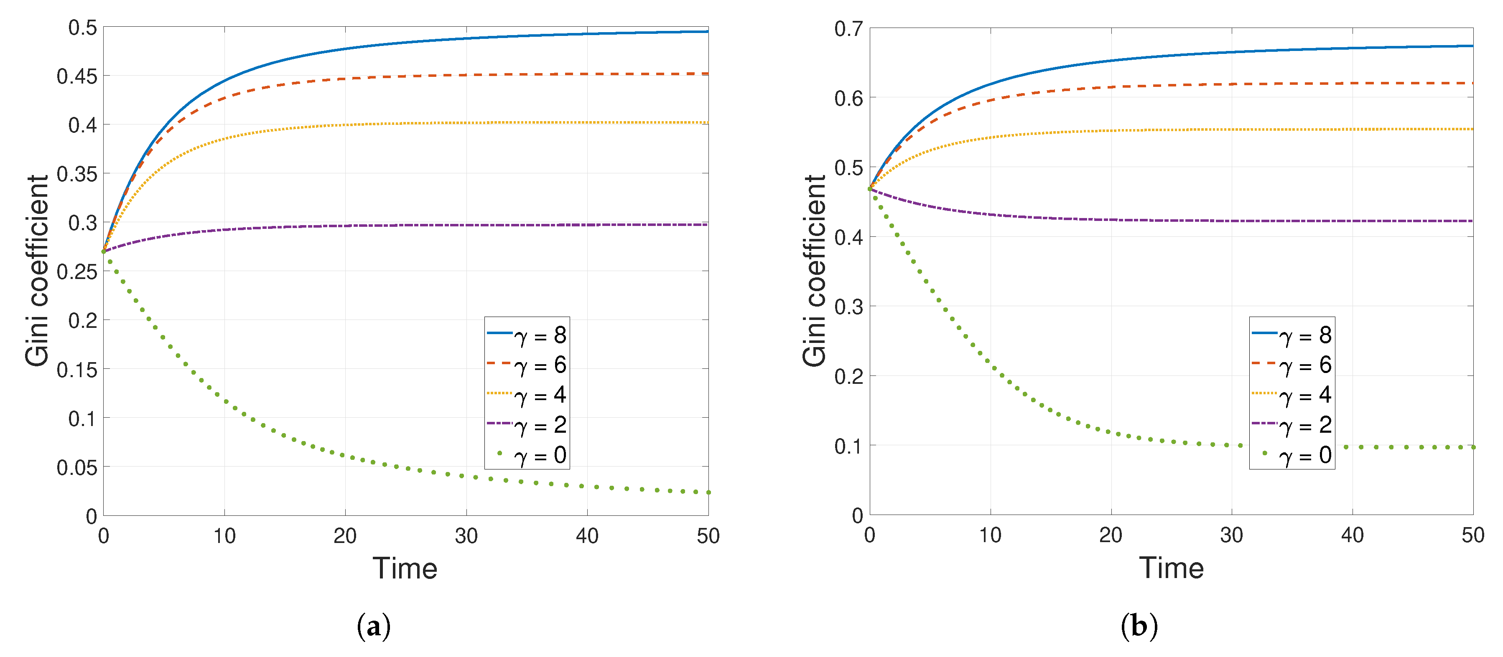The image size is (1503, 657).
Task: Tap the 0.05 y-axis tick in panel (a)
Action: point(76,467)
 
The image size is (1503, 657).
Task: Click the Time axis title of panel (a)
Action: point(405,568)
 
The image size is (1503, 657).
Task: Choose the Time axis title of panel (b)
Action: point(1171,568)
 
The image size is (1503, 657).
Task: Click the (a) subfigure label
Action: point(373,627)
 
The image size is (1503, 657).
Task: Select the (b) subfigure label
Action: point(1139,627)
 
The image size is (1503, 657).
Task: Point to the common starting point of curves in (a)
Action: point(104,251)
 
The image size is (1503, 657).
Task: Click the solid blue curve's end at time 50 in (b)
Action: point(1472,46)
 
